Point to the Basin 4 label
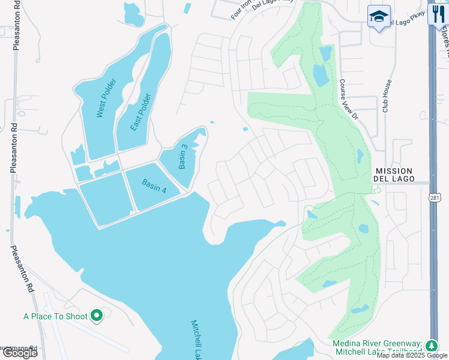click(154, 186)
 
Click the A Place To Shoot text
click(56, 316)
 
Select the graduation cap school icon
click(379, 16)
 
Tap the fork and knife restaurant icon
click(437, 14)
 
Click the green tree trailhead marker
click(431, 346)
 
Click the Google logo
click(20, 353)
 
